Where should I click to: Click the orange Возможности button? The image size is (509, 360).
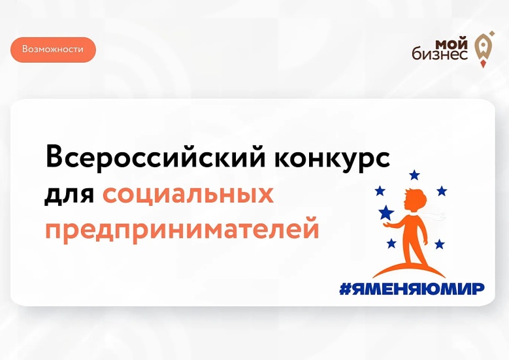coord(53,50)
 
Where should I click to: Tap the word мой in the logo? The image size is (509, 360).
coord(452,44)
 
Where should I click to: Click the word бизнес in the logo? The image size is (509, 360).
coord(440,54)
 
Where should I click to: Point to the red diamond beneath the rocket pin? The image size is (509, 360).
coord(484,64)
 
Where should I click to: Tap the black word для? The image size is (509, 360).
coord(69,195)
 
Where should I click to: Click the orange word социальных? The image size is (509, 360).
coord(188,194)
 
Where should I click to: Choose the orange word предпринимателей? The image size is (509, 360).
coord(182,231)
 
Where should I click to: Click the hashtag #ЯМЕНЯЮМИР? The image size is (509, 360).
coord(412,289)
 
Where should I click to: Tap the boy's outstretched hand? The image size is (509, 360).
coord(387,225)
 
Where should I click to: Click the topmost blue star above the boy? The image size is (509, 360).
coord(414,175)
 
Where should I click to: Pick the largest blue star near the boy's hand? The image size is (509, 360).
coord(386,212)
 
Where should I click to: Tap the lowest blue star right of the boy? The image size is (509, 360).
coord(440,244)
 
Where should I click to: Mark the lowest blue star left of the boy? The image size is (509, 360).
coord(391,243)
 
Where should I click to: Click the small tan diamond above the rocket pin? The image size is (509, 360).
coord(492,33)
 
